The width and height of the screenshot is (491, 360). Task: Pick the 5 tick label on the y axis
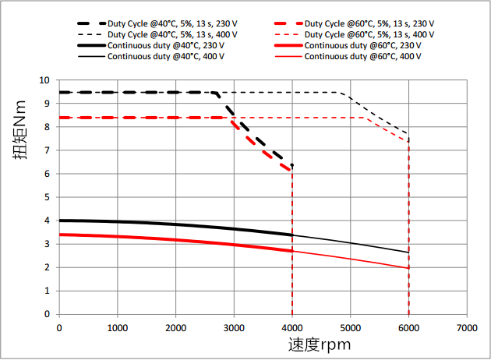[47, 197]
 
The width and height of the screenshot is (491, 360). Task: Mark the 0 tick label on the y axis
[47, 315]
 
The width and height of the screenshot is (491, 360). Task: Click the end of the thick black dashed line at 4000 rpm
[292, 165]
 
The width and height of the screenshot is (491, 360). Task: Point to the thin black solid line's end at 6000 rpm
[408, 252]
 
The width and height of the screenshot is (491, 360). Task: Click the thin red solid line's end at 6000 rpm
[408, 268]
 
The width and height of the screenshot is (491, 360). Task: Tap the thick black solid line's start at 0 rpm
[59, 221]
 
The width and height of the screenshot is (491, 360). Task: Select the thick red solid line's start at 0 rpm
[59, 235]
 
